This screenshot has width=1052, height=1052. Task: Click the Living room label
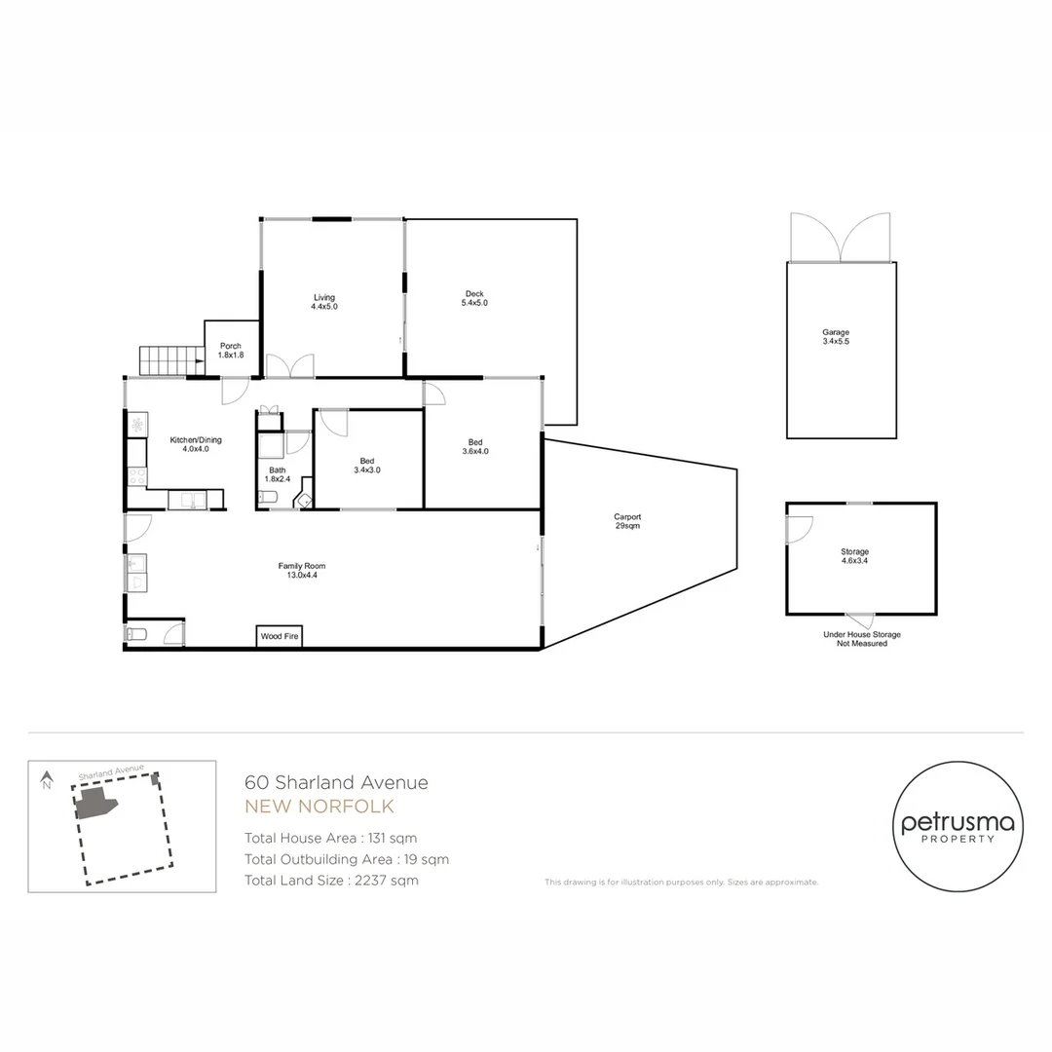coord(324,302)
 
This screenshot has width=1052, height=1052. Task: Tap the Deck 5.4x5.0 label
coord(474,298)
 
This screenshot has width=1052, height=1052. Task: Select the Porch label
coord(231,351)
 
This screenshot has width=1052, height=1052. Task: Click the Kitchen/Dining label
coord(189,444)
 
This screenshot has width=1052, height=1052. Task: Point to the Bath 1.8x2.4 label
coord(279,474)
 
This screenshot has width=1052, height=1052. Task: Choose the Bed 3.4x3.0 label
coord(367,465)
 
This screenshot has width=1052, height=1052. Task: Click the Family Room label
coord(301,570)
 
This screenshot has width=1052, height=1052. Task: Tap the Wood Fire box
coord(280,636)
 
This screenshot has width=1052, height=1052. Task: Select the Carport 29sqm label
coord(627,521)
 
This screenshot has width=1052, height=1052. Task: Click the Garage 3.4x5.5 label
coord(836,337)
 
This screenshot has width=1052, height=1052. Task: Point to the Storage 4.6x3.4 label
coord(855,556)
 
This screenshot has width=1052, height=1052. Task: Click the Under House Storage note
coord(862,639)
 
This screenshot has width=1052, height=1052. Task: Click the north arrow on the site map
coord(46,779)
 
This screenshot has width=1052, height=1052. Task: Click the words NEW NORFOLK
coord(319,807)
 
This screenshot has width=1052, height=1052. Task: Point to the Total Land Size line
coord(331,880)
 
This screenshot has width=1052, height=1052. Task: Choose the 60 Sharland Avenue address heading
coord(336,782)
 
